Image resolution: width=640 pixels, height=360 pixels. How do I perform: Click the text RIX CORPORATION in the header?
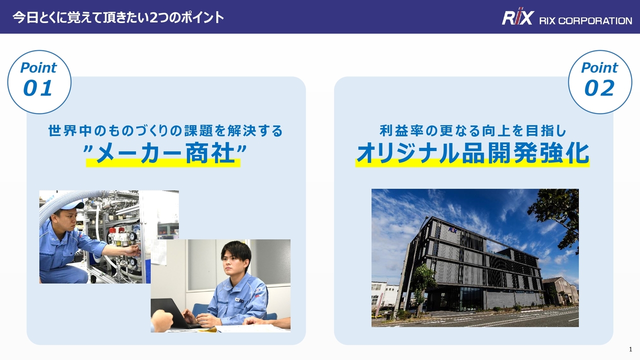[x=585, y=20]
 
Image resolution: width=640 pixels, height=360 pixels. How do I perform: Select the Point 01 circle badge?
[x=39, y=81]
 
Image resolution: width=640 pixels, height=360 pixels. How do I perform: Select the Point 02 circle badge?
[x=599, y=81]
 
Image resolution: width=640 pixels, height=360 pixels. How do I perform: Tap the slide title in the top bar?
[x=118, y=17]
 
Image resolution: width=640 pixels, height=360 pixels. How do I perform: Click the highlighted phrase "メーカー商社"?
[x=163, y=154]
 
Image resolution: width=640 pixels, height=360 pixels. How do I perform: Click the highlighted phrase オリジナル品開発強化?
[x=472, y=153]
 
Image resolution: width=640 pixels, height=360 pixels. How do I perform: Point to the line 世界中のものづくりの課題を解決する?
[x=165, y=131]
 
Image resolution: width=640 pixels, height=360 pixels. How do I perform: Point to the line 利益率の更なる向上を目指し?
[x=472, y=131]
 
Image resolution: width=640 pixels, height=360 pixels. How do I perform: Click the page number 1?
[x=630, y=349]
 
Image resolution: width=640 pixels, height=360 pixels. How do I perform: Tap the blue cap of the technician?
[x=71, y=205]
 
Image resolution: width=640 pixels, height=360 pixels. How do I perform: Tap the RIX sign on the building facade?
[x=453, y=229]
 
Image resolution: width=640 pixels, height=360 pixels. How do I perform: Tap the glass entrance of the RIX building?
[x=467, y=298]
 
